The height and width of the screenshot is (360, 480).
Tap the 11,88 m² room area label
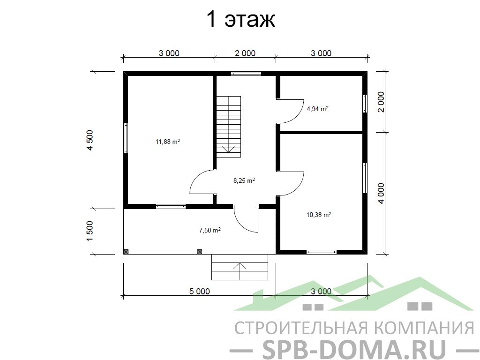[168, 142]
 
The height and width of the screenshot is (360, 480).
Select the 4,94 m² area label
[317, 109]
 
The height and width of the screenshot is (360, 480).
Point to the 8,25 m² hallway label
[244, 180]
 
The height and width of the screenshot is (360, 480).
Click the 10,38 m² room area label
[319, 215]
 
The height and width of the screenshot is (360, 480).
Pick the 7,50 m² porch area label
[210, 230]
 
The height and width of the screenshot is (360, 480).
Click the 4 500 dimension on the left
[90, 140]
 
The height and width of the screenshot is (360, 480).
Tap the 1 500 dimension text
[90, 231]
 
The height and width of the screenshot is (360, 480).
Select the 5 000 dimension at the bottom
[200, 291]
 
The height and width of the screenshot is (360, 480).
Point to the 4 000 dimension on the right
[381, 194]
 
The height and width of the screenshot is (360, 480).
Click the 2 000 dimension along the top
[245, 53]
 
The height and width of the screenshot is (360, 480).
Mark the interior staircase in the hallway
[229, 127]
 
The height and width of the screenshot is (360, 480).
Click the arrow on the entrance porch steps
[240, 271]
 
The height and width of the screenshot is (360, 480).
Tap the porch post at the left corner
[126, 252]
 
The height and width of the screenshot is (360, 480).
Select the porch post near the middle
[200, 252]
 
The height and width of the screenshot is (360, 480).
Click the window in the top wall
[246, 74]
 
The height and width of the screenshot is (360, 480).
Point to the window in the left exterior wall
[126, 138]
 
